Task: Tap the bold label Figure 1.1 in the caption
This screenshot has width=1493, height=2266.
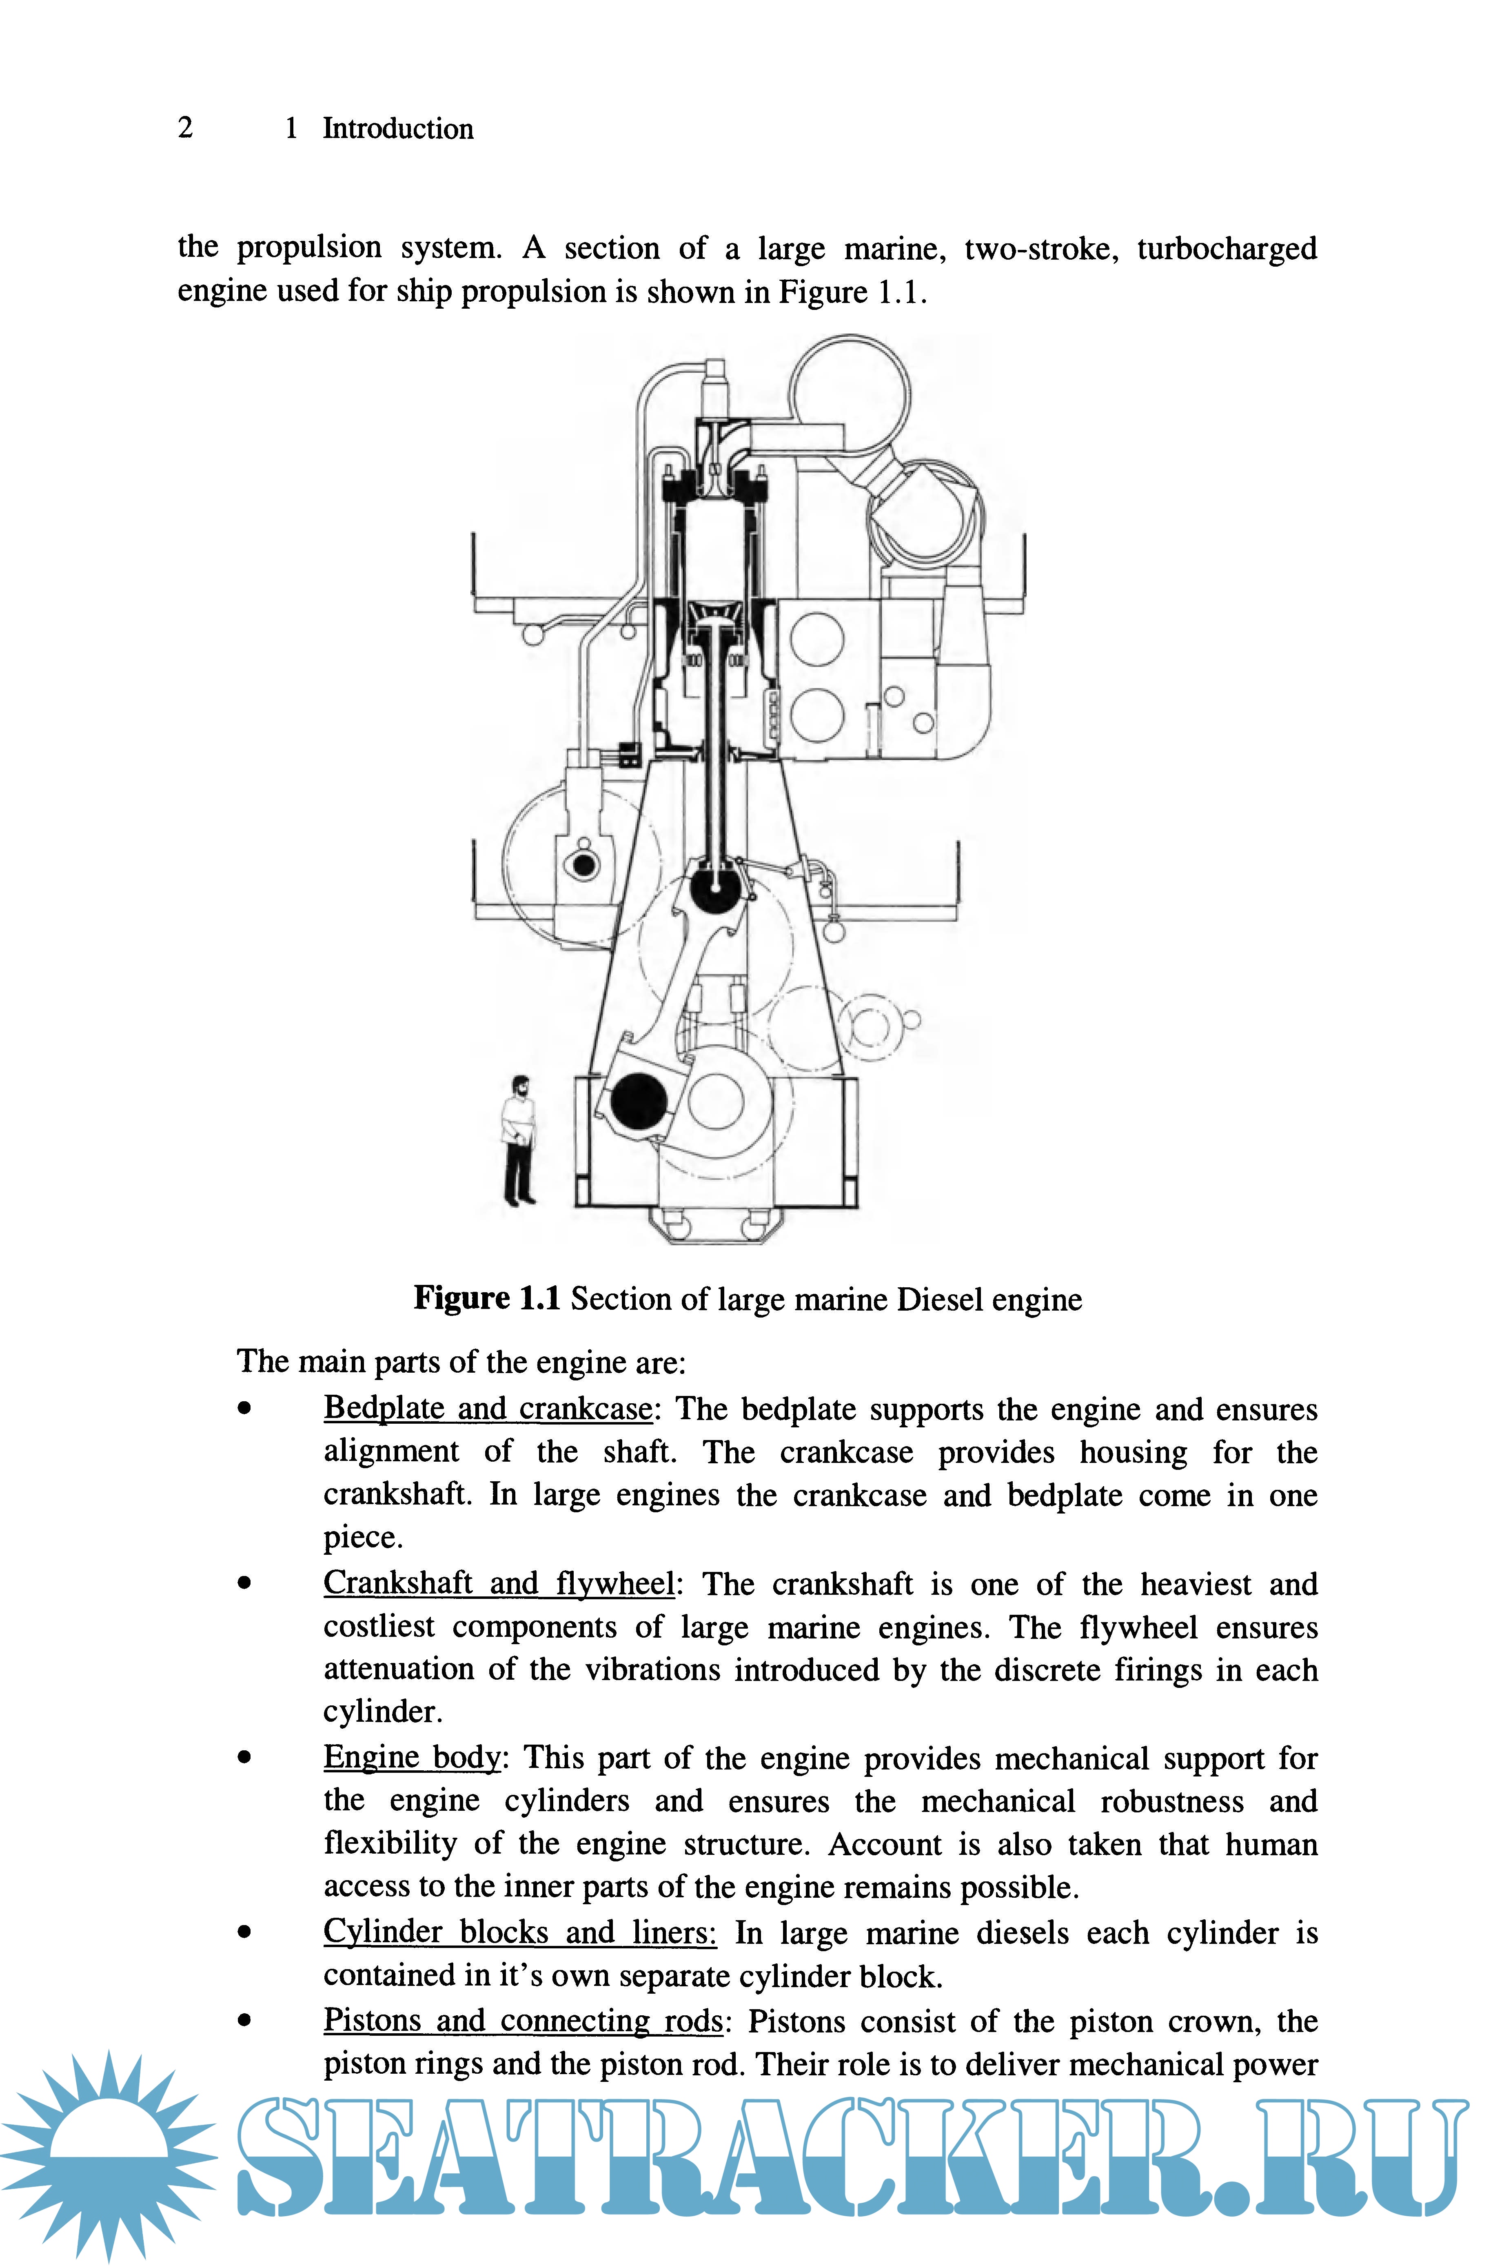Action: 486,1298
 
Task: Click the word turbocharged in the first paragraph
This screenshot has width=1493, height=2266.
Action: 1227,249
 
